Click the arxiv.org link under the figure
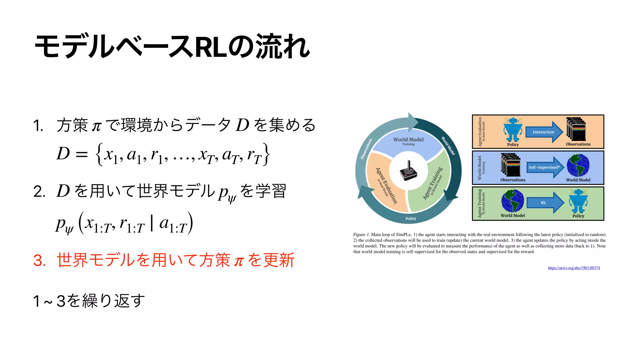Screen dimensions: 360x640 (x=574, y=268)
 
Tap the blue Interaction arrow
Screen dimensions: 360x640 (x=543, y=132)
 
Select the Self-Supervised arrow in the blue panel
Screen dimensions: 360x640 (x=544, y=167)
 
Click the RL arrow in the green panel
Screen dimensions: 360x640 (x=544, y=202)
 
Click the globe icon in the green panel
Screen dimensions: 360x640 (x=512, y=201)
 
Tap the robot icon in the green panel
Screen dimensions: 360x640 (x=578, y=201)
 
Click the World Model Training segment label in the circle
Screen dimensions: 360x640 (x=408, y=141)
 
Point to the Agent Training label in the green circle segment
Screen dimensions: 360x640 (x=433, y=183)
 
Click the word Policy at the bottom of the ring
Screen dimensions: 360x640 (x=411, y=218)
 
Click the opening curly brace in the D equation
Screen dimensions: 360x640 (x=99, y=154)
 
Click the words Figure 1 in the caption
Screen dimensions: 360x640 (x=361, y=234)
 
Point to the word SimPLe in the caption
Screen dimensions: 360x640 (x=404, y=234)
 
